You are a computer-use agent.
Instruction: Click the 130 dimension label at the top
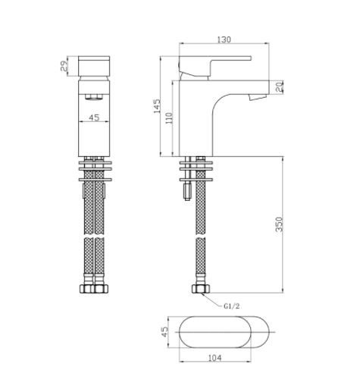[x=224, y=39]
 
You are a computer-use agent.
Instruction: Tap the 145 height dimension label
[x=157, y=106]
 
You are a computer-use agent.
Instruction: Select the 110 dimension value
[x=169, y=118]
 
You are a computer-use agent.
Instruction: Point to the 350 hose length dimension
[x=280, y=224]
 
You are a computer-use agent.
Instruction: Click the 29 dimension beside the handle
[x=64, y=66]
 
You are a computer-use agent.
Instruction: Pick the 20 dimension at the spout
[x=279, y=87]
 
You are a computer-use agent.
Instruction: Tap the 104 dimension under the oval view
[x=215, y=358]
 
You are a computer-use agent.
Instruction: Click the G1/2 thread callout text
[x=231, y=306]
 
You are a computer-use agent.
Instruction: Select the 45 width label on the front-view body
[x=94, y=118]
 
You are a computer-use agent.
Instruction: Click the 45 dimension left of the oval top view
[x=164, y=332]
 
